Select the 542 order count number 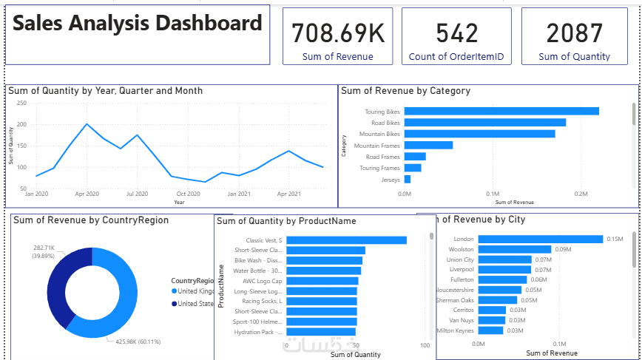[456, 33]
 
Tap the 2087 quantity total [574, 33]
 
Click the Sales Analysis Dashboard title [138, 24]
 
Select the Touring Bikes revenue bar [501, 111]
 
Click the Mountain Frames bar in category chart [428, 145]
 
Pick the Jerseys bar [408, 179]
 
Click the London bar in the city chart [541, 239]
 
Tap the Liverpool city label [459, 270]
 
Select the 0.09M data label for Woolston [563, 250]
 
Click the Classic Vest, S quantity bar [346, 240]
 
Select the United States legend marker [175, 303]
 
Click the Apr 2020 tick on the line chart [87, 194]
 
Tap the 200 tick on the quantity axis [22, 125]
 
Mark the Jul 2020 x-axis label [137, 194]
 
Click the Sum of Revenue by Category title [405, 91]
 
